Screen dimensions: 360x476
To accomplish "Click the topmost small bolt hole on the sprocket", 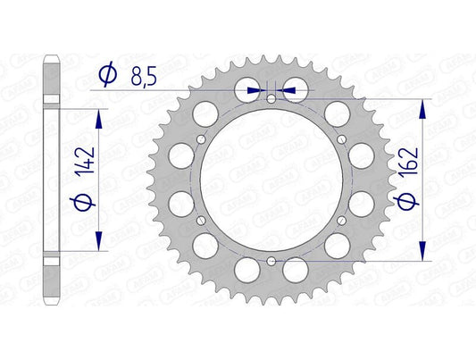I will [270, 98].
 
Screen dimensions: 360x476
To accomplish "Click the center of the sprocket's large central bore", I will [270, 179].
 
